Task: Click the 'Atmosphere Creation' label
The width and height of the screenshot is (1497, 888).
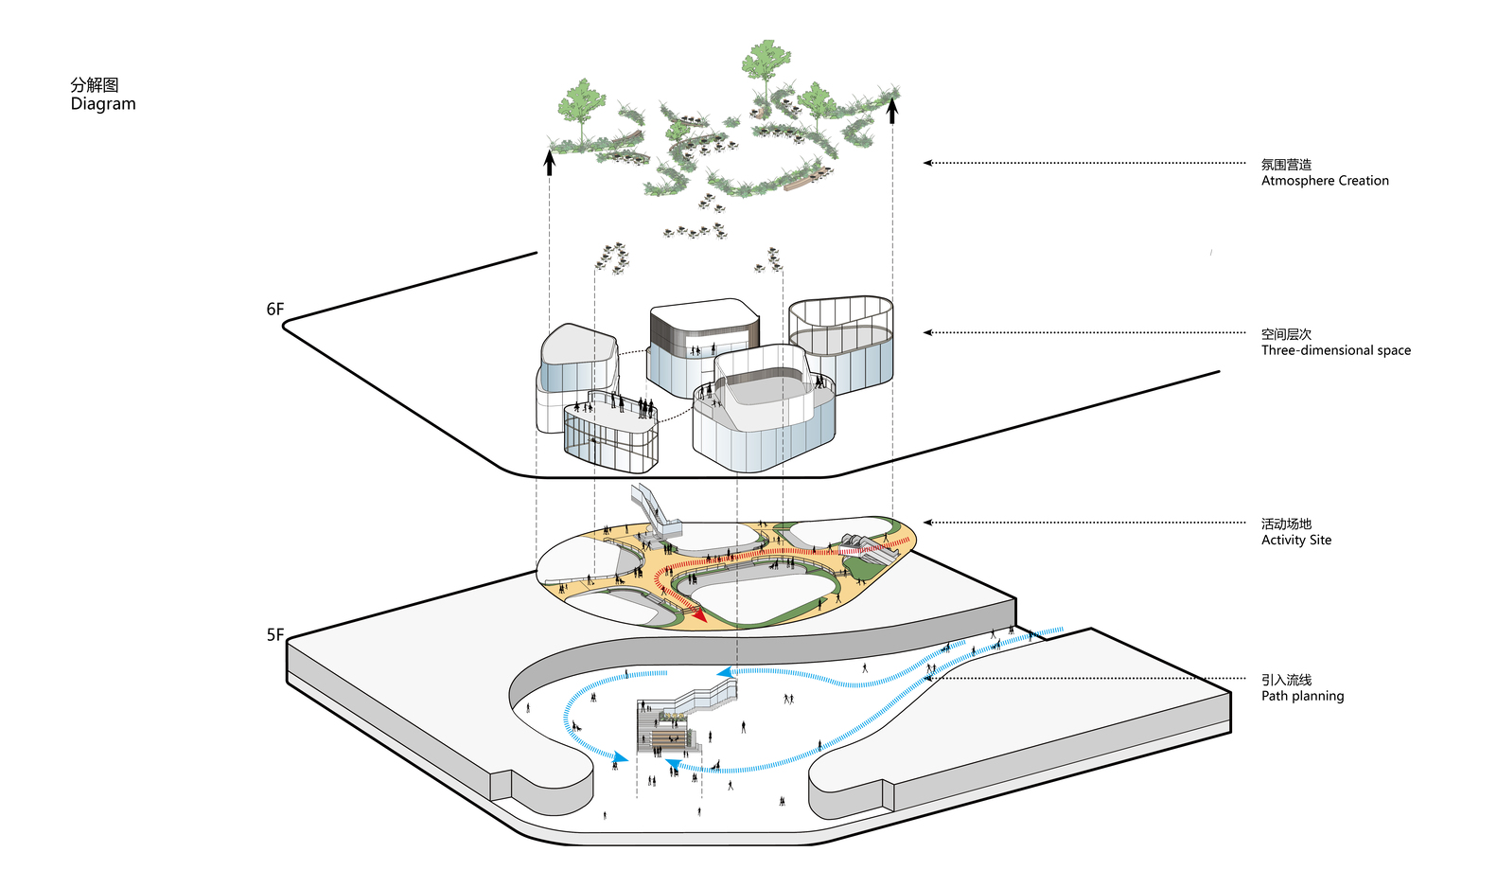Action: coord(1325,181)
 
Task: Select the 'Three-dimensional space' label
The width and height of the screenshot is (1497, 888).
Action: coord(1335,350)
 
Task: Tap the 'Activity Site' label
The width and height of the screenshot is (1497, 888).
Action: coord(1295,541)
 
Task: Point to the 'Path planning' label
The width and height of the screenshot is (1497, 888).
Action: coord(1302,696)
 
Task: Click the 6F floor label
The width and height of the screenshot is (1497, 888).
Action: coord(274,310)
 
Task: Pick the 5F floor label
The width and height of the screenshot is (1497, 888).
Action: coord(274,635)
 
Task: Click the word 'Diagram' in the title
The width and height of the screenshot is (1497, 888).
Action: coord(103,104)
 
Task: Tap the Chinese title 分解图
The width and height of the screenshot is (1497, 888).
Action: coord(95,85)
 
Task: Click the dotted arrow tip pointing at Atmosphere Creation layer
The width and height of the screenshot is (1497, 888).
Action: coord(927,163)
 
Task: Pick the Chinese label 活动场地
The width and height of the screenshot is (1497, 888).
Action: coord(1286,524)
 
